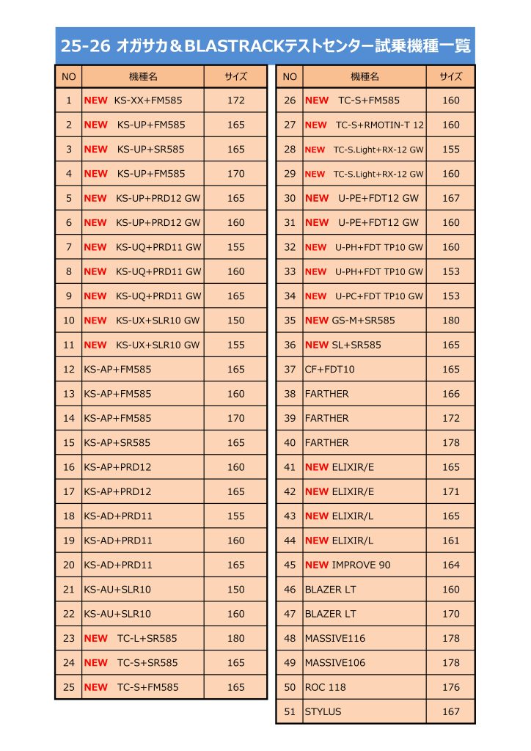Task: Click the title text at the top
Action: click(265, 46)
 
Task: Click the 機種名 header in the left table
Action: click(142, 76)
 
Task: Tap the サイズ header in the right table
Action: click(451, 76)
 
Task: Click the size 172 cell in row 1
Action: click(235, 100)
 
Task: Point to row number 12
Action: click(69, 370)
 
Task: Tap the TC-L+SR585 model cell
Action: click(147, 638)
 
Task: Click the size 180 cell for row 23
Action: click(235, 638)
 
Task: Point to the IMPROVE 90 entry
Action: click(361, 565)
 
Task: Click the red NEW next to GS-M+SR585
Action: click(316, 320)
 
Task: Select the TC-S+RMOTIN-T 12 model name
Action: click(380, 125)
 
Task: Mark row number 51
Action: click(290, 711)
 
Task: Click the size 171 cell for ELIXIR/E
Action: click(451, 491)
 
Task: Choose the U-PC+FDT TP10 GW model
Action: click(379, 296)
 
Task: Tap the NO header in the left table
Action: click(69, 76)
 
